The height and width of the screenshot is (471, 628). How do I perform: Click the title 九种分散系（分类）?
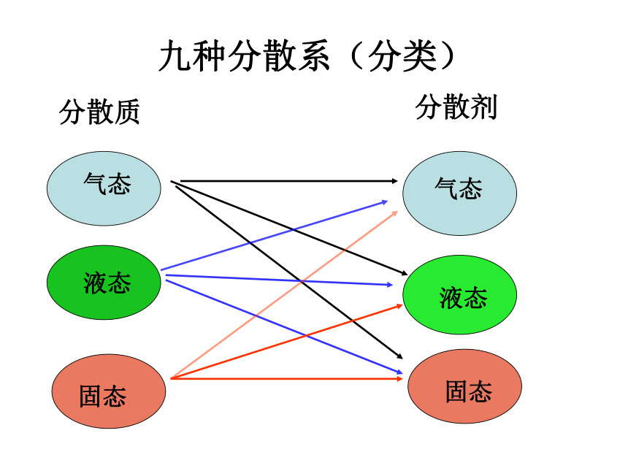307,56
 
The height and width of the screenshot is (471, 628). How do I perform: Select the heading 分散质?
99,112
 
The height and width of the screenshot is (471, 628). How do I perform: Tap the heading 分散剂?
456,107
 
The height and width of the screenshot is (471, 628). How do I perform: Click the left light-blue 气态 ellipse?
104,188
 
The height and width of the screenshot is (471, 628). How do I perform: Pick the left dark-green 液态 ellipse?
104,283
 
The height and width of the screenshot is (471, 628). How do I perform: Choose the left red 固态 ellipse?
109,391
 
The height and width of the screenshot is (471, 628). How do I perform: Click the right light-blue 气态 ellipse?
459,193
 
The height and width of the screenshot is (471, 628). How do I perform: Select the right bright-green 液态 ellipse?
459,295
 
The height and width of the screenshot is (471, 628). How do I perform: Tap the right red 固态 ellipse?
464,386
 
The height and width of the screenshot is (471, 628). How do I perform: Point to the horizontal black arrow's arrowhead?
395,181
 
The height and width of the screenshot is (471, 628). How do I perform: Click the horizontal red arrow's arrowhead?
399,378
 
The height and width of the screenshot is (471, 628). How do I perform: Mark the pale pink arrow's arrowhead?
395,213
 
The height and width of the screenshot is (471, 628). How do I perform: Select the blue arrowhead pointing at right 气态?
385,202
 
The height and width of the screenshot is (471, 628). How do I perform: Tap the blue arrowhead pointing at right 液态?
390,285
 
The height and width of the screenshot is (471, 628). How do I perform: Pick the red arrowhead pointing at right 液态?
399,306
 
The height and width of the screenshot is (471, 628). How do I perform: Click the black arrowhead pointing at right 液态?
404,273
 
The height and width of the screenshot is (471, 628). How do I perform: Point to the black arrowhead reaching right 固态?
399,356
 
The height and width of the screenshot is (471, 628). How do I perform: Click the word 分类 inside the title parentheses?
402,56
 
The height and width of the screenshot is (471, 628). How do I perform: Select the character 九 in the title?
175,56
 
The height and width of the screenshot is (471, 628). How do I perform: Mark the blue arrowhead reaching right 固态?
399,372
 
